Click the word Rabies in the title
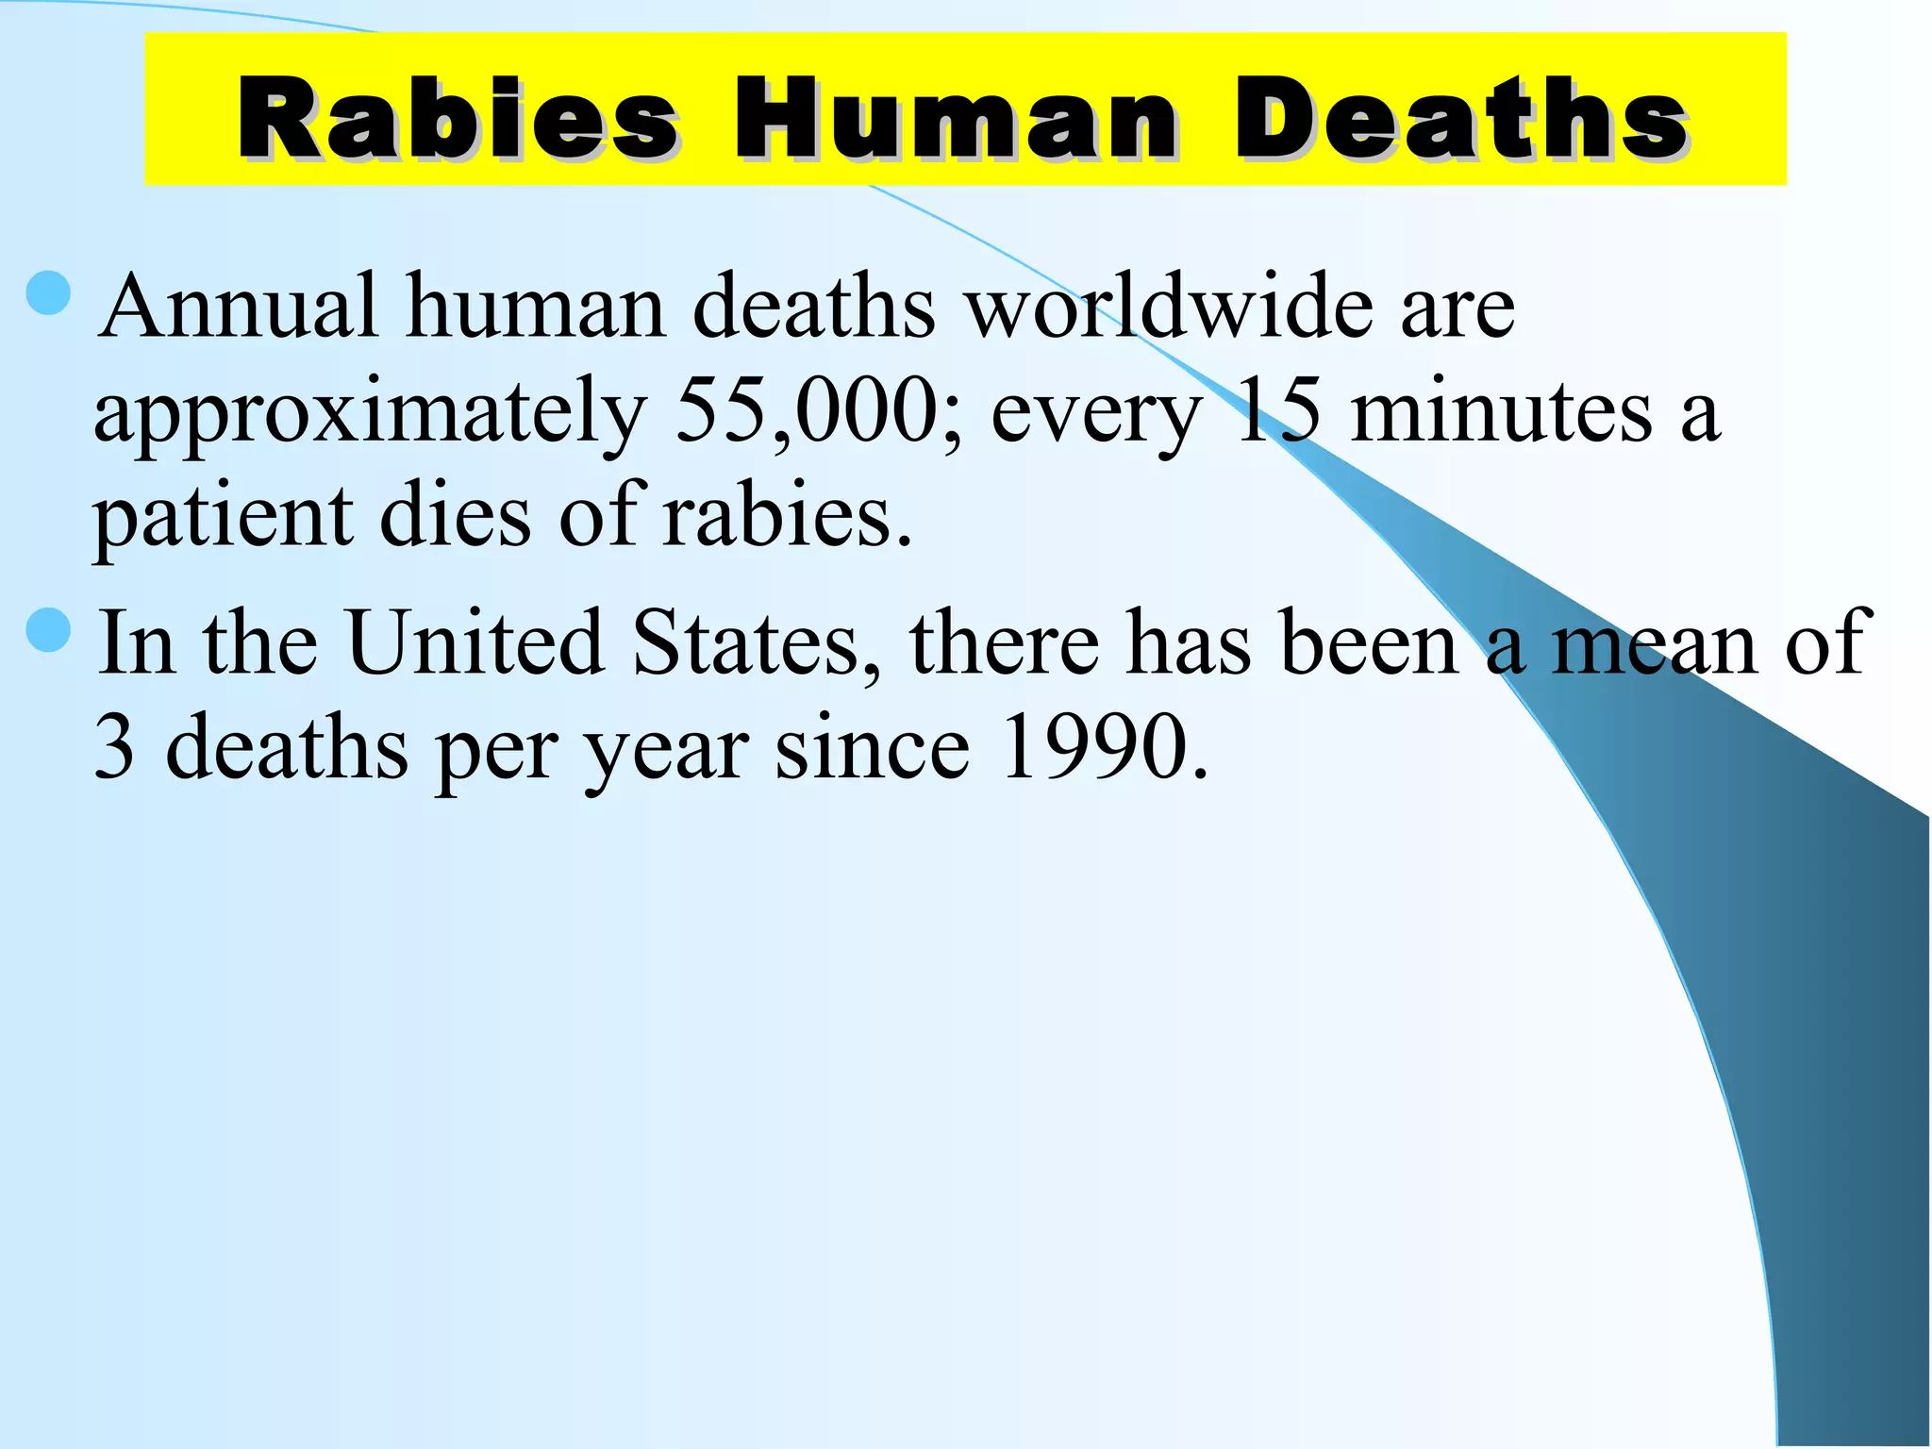[x=457, y=118]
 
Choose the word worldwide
[x=1170, y=306]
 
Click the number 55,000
[x=807, y=411]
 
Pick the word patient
[x=223, y=517]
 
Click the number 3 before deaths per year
[x=114, y=747]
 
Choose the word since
[x=873, y=747]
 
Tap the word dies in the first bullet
[x=455, y=517]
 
